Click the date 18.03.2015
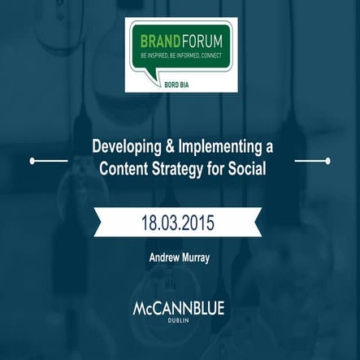point(180,221)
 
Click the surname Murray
point(195,258)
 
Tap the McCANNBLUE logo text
point(179,310)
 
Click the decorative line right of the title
point(311,161)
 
